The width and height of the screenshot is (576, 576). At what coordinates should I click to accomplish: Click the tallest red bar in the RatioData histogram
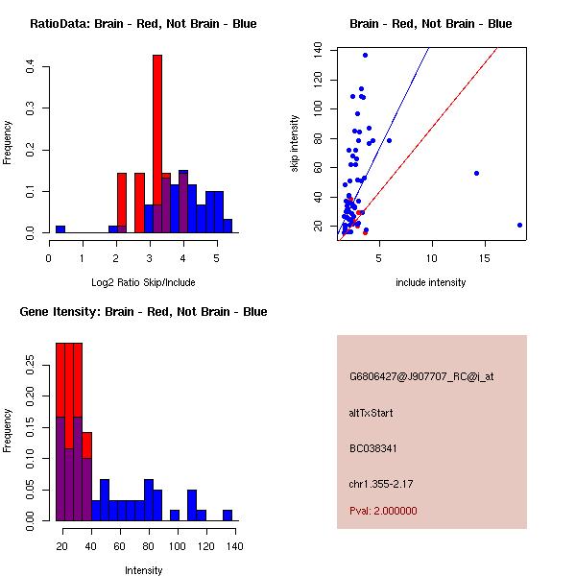point(157,144)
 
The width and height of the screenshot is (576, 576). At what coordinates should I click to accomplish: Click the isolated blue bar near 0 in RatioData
point(60,229)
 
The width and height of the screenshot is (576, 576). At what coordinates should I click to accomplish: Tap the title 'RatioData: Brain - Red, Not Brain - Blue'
point(143,24)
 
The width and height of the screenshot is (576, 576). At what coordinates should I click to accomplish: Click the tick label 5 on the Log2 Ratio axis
point(216,257)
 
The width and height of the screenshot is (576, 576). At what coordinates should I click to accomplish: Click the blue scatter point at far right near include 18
point(519,225)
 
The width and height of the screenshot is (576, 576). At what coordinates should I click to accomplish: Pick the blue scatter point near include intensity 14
point(476,173)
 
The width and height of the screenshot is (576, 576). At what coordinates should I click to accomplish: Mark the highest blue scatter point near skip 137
point(365,55)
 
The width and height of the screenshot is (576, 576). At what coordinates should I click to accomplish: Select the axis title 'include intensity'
point(431,282)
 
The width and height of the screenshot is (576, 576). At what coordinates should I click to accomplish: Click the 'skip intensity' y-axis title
point(296,144)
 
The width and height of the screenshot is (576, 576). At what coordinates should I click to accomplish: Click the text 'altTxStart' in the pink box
point(372,413)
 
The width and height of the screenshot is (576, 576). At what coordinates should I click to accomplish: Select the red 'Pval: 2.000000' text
point(383,511)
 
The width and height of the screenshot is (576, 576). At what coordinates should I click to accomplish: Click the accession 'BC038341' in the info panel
point(373,447)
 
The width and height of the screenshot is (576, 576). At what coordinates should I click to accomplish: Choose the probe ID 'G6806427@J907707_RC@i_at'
point(421,377)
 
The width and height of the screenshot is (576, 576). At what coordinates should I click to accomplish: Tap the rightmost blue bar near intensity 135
point(228,516)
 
